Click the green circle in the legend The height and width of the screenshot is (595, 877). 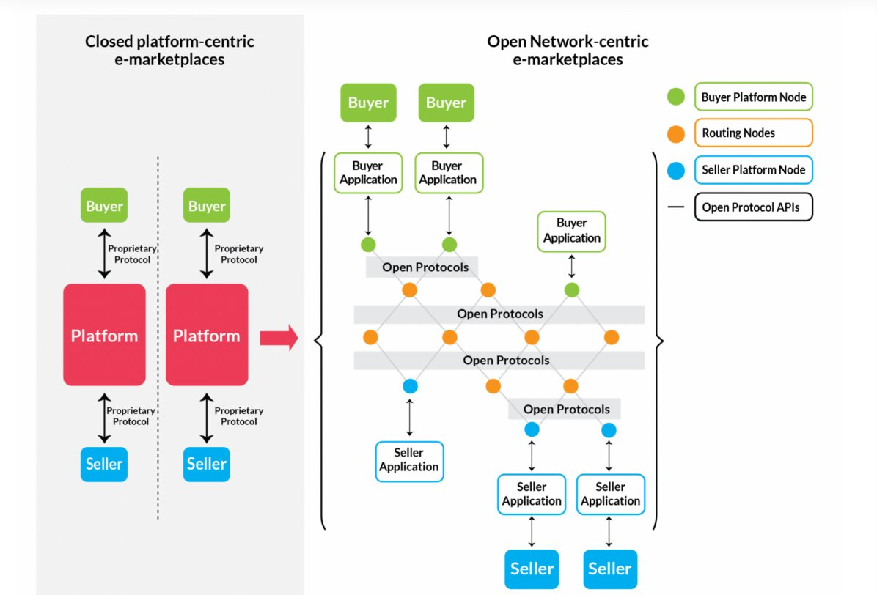pos(676,97)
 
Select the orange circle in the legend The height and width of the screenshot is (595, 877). pos(676,133)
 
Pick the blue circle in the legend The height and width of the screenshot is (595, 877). pos(676,170)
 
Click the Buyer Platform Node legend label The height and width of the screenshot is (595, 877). pos(754,97)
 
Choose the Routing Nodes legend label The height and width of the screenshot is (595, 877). pos(754,133)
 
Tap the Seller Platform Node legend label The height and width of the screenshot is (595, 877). pos(754,170)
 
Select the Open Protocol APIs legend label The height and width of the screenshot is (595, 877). pos(754,207)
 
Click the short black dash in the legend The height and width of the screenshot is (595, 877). pos(676,207)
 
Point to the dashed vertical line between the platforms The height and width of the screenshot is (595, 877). pos(158,337)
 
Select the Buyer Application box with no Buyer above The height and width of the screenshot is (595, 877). pos(572,231)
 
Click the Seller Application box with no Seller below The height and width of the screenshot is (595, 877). pos(409,461)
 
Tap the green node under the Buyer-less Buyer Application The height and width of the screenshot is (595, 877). pos(572,290)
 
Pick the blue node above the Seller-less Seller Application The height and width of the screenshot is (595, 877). pos(410,385)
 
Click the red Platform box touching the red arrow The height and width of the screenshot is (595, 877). pos(207,335)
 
